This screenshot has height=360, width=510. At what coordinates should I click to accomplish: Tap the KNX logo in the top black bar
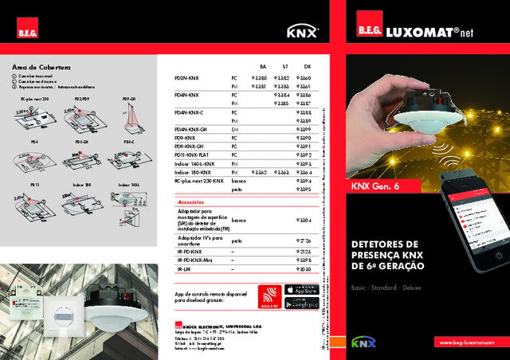point(302,33)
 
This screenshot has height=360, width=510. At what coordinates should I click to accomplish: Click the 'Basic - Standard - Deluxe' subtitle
point(386,284)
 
